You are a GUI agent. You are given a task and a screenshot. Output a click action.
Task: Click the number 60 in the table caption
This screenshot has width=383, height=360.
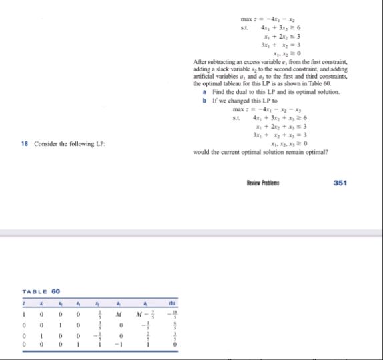55,291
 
